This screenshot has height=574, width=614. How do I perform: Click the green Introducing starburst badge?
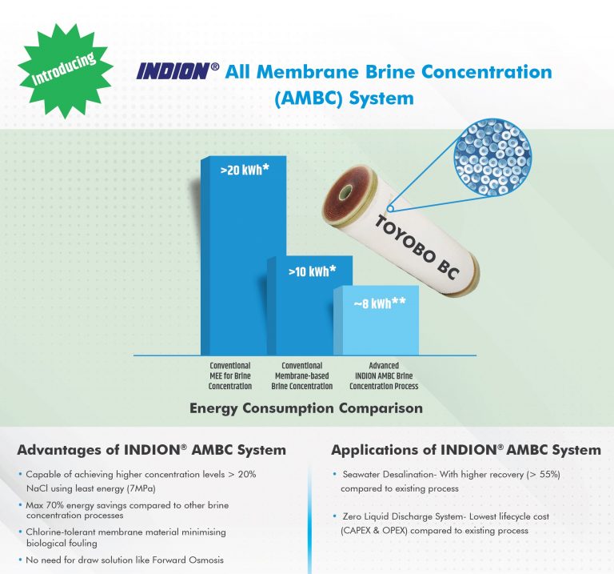coord(66,71)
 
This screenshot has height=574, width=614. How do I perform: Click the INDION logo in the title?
coord(174,71)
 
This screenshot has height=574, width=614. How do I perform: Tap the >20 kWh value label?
coord(245,170)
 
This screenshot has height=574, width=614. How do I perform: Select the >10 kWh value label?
coord(312,271)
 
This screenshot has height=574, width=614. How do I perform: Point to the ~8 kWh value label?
coord(380,303)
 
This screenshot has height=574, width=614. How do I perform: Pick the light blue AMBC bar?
coord(377,321)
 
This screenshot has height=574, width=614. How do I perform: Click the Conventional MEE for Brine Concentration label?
coord(230,376)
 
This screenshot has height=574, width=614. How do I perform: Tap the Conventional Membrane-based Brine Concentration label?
coord(302,376)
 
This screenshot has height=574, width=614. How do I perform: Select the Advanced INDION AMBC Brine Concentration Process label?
coord(384,376)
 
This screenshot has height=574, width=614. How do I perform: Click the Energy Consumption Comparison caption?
coord(306,408)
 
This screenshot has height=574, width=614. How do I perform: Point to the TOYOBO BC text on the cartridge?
coord(417,248)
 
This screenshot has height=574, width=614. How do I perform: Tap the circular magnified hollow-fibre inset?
coord(492,157)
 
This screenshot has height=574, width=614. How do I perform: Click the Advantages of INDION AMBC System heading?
coord(152,450)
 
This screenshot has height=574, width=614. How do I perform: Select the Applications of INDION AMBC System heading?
coord(466,450)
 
